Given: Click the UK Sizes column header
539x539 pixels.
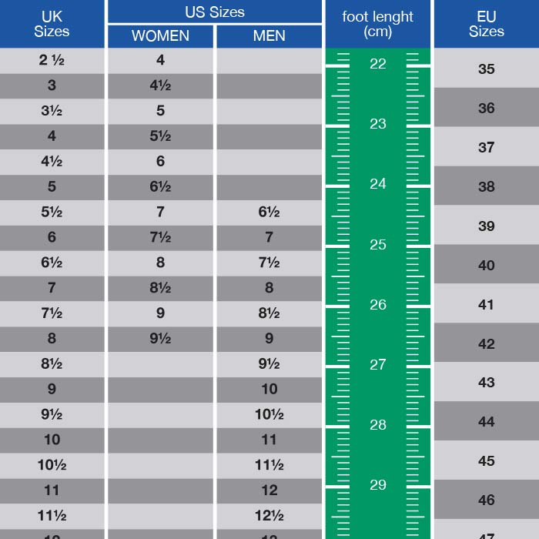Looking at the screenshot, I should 52,24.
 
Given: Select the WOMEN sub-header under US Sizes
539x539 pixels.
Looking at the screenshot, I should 160,36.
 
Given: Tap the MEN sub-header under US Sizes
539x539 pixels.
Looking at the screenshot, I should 269,36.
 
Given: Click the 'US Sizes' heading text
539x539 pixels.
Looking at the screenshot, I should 214,12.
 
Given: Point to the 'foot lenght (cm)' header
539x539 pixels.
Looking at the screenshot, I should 377,24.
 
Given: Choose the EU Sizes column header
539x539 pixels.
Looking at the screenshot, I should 486,24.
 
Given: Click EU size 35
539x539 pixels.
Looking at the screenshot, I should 486,69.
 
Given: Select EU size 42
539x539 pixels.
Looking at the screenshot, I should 486,344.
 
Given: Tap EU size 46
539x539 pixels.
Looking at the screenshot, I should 486,500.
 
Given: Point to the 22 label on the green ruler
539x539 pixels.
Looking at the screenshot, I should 377,64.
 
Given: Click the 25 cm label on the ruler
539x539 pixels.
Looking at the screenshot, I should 377,245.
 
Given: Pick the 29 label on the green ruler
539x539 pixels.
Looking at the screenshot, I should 377,485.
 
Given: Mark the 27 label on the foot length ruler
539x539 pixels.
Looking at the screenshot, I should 377,365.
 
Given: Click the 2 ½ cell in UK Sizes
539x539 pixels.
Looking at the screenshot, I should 52,60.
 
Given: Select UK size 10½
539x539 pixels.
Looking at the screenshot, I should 52,465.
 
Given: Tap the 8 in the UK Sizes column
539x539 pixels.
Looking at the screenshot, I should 52,338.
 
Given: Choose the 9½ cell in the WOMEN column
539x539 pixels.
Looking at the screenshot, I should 160,338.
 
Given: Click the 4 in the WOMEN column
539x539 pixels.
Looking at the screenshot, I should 160,60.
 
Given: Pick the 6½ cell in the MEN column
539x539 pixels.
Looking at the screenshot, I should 269,213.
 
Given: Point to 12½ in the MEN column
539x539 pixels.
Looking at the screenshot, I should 269,516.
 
